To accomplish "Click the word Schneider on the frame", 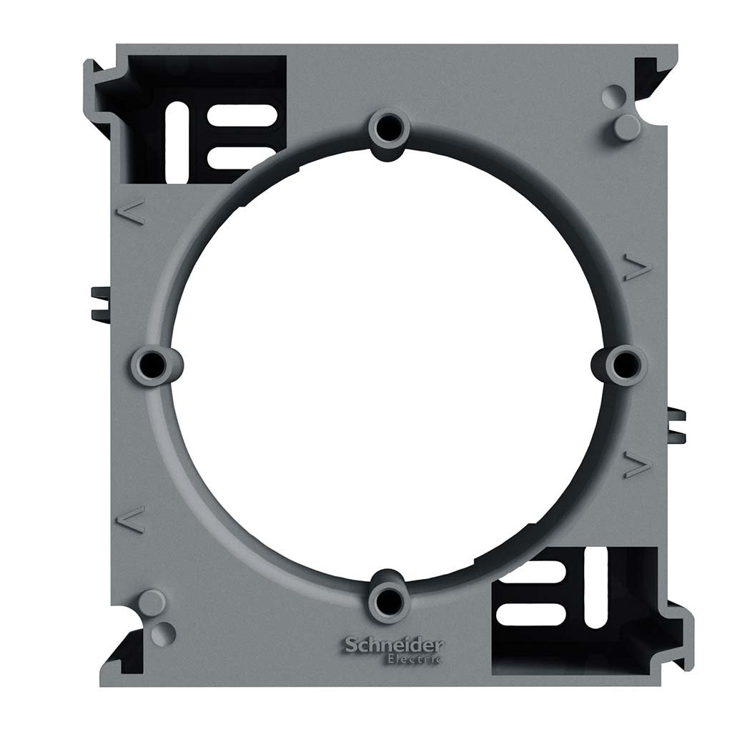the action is (x=394, y=646).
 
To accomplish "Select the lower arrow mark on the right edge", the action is (x=634, y=464).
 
